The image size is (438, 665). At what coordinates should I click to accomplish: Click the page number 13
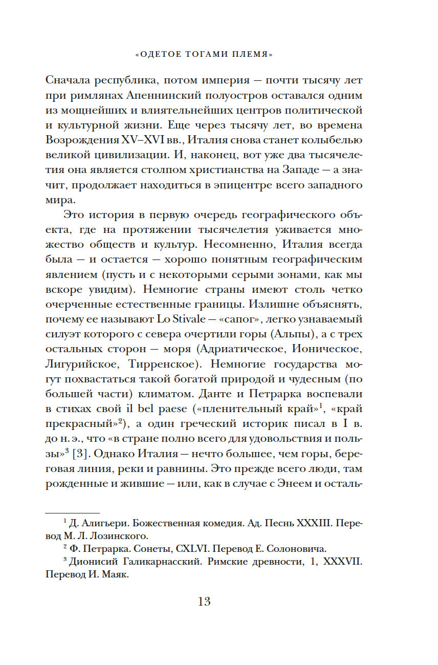(204, 601)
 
